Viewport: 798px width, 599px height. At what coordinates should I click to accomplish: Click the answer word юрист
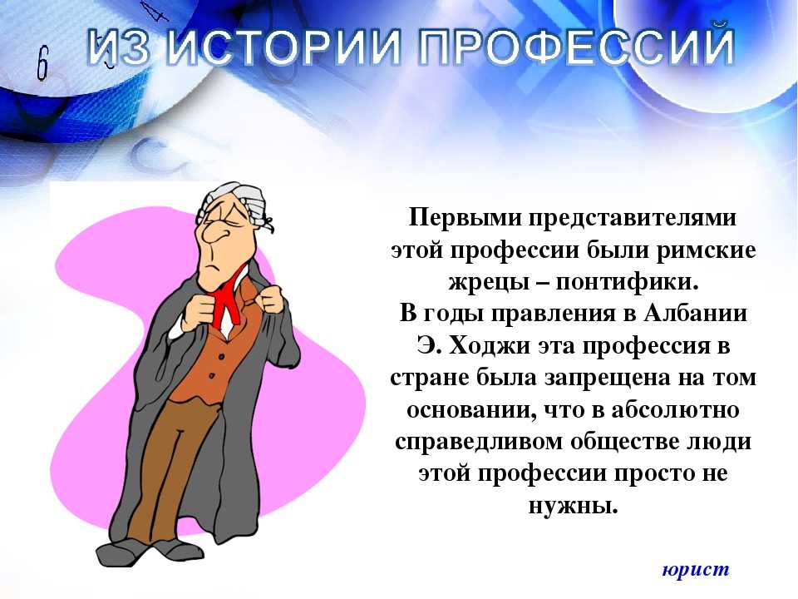(696, 569)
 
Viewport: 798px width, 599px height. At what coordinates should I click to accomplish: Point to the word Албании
(695, 314)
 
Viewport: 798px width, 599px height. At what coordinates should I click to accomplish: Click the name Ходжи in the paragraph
(490, 346)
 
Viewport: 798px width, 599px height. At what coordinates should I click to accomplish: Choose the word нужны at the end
(573, 506)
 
